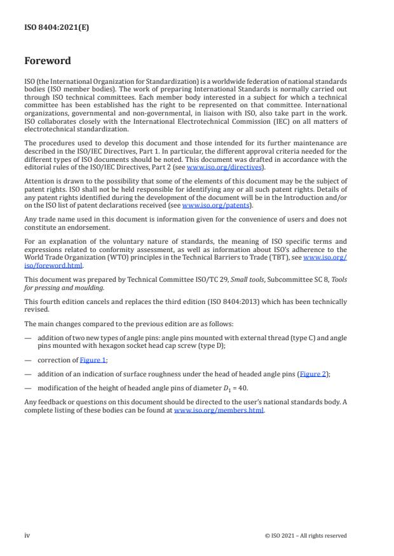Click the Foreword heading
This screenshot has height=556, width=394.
(48, 62)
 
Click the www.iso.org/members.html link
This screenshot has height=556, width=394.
(219, 410)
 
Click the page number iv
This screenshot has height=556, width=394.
(27, 536)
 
